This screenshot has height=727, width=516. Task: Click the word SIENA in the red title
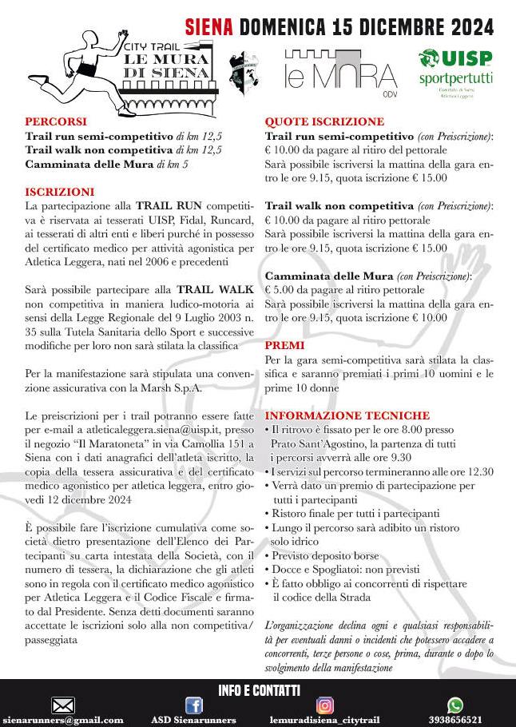[209, 27]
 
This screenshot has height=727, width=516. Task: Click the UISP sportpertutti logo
[456, 72]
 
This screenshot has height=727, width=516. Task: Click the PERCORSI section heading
[52, 121]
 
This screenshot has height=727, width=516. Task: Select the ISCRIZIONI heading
[60, 192]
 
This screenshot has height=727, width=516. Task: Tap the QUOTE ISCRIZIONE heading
[324, 121]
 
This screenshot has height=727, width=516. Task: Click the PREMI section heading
[284, 345]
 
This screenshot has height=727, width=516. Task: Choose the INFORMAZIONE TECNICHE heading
[347, 415]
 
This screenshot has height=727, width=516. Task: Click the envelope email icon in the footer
[62, 705]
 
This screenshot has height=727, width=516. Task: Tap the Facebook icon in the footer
[194, 705]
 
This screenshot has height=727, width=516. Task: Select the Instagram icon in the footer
[325, 705]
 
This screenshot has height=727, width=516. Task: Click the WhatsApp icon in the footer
[455, 705]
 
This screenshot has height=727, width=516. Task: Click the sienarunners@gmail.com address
[63, 720]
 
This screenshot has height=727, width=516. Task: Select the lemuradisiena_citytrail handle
[323, 720]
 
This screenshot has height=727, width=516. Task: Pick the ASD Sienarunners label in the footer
[194, 720]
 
